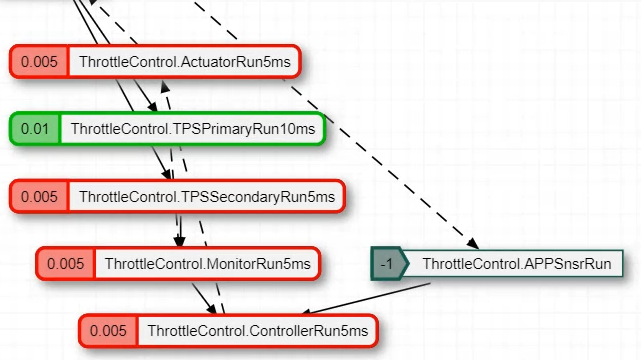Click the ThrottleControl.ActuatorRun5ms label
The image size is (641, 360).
(183, 62)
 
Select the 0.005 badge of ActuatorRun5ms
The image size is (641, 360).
(40, 62)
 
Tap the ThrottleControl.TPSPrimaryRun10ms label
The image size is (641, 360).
(192, 129)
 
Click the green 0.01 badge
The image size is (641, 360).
(35, 129)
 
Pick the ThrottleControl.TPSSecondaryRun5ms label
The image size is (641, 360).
(206, 197)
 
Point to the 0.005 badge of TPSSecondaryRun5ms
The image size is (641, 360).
(40, 197)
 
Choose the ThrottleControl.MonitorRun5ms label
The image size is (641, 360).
(207, 264)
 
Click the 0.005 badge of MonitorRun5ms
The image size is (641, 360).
(66, 264)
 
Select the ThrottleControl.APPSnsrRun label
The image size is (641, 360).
(515, 264)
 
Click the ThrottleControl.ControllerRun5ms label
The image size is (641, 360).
(257, 330)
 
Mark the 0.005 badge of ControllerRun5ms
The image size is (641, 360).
(109, 330)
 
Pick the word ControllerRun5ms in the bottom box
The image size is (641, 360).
(312, 330)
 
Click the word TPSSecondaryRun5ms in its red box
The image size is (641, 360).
(258, 197)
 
